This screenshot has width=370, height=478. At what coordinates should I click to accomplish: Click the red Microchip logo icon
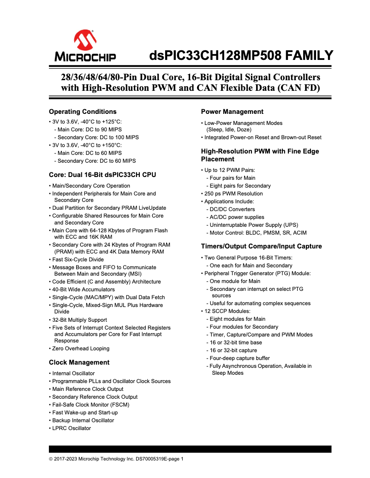pos(85,41)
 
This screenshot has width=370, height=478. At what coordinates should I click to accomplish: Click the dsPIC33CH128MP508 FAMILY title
pos(241,56)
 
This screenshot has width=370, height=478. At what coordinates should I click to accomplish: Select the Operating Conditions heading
pos(83,112)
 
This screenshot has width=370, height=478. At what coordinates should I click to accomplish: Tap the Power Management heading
pos(232,112)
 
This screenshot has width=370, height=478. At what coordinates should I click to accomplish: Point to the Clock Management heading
pos(79,362)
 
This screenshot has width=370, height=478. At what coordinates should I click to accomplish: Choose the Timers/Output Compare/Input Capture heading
pos(261,246)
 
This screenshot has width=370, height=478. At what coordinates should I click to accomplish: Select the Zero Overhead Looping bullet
pos(81,348)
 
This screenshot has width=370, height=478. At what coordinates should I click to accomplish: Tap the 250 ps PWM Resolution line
pos(233,194)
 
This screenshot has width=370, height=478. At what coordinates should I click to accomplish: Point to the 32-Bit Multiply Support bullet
pos(79,320)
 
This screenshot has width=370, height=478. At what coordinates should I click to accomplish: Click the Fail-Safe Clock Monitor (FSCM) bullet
pos(90,405)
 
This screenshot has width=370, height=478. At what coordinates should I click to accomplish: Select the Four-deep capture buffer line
pos(240,358)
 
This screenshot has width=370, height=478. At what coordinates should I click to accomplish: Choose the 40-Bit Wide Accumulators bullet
pos(84,289)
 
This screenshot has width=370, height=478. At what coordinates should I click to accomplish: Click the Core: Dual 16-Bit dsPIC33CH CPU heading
pos(102,175)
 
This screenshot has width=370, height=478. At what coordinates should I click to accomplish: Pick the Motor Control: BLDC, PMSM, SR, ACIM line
pos(258,233)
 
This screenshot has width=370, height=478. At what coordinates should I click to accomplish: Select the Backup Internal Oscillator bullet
pos(83,420)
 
